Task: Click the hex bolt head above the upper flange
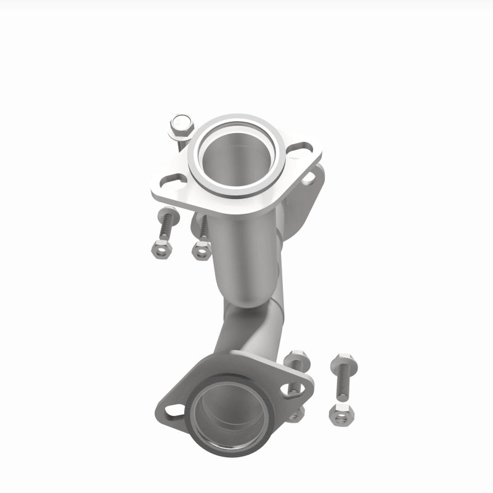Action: tap(181, 126)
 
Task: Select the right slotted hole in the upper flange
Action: tap(301, 149)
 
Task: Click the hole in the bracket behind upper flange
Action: tap(309, 179)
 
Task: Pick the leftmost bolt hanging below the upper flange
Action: tap(166, 225)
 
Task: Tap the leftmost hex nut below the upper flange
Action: tap(161, 249)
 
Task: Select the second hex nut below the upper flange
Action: tap(202, 251)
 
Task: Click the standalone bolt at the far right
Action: tap(343, 376)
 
